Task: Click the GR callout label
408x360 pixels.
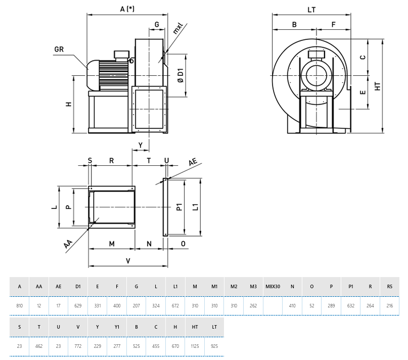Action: (x=59, y=49)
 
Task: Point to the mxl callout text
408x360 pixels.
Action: (x=177, y=28)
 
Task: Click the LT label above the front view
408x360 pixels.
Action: (x=311, y=9)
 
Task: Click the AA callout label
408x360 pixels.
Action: (x=68, y=244)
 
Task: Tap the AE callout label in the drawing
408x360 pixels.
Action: (x=193, y=163)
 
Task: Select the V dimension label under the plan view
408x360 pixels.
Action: (x=128, y=261)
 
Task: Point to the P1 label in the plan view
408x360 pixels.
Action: (x=178, y=207)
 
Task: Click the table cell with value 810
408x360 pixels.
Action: (x=20, y=306)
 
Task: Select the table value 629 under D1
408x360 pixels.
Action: (x=78, y=306)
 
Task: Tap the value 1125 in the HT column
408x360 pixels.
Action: (x=195, y=346)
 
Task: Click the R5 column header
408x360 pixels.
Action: (x=389, y=287)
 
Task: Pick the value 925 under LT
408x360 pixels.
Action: (x=214, y=346)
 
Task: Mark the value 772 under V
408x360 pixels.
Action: (x=78, y=346)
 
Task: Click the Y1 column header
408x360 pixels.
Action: (x=117, y=327)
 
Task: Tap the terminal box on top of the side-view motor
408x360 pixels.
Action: (x=122, y=54)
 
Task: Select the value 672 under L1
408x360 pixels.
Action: (x=175, y=306)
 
